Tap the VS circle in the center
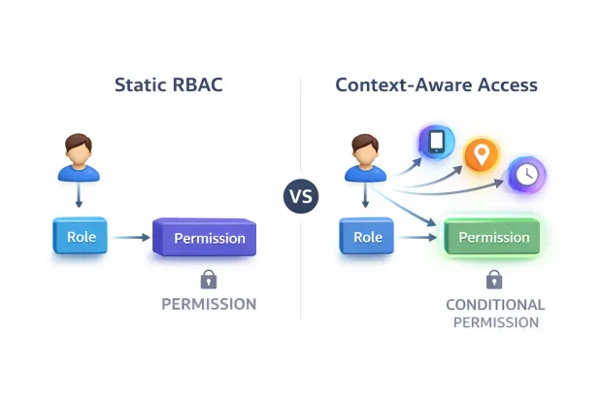pos(301,197)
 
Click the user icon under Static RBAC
pos(79,160)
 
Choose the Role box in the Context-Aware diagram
pos(367,236)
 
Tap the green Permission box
pos(493,238)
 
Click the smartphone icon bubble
pos(436,142)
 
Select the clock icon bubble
pos(526,175)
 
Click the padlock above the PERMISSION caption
pos(208,281)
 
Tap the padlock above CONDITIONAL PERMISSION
pos(494,281)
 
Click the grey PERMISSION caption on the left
pos(208,305)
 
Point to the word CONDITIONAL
pos(494,305)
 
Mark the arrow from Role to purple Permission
pos(132,236)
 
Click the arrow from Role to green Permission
pos(418,236)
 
